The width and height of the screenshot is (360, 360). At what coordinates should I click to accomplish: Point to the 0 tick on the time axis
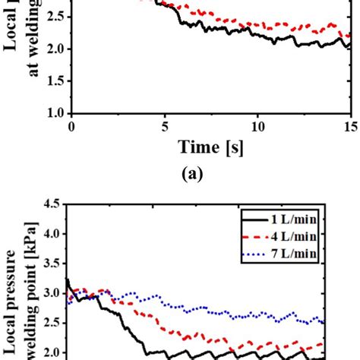pyautogui.click(x=71, y=127)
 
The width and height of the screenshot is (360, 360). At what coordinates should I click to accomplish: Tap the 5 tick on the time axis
pyautogui.click(x=164, y=127)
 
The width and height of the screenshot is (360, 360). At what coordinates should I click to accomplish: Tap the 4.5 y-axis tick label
pyautogui.click(x=52, y=204)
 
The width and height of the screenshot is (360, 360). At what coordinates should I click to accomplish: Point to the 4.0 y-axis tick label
pyautogui.click(x=52, y=233)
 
